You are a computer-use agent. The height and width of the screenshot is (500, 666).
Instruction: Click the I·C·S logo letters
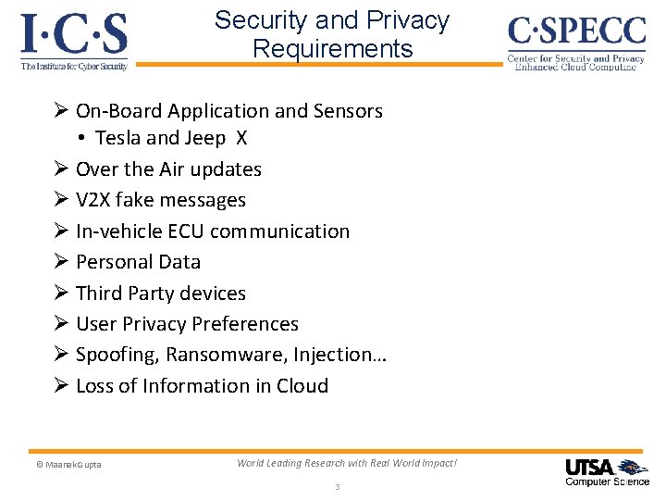(x=74, y=35)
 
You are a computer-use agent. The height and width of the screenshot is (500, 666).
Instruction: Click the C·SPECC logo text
(x=576, y=32)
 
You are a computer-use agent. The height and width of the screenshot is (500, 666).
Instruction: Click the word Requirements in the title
(x=332, y=48)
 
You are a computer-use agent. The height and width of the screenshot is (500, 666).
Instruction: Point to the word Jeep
(x=204, y=139)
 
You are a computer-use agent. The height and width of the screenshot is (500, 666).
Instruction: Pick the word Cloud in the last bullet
(x=302, y=386)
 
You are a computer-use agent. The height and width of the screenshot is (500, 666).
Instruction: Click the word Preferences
(x=244, y=324)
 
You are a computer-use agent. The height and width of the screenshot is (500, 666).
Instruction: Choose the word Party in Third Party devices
(x=159, y=294)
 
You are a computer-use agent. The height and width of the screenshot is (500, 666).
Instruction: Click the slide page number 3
(x=338, y=487)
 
